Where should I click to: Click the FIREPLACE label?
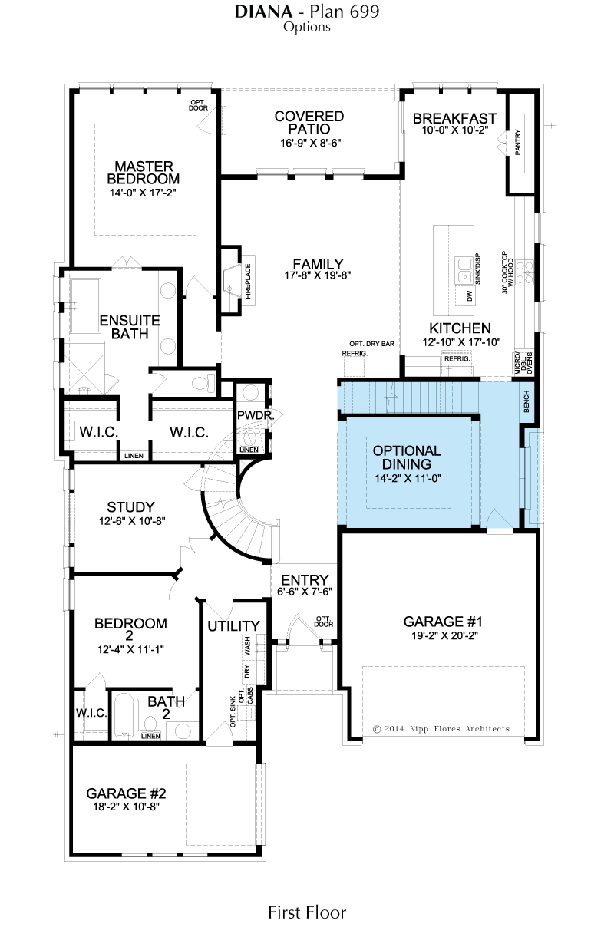click(x=248, y=282)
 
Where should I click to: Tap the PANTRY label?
click(x=517, y=143)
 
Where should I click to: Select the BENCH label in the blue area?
click(x=527, y=401)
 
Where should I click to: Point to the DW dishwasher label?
click(x=470, y=296)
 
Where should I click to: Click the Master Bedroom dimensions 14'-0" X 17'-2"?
click(x=143, y=193)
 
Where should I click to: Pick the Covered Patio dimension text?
click(x=311, y=144)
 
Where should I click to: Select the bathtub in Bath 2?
click(x=124, y=715)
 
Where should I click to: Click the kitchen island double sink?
click(x=464, y=270)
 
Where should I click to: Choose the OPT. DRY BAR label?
click(x=371, y=344)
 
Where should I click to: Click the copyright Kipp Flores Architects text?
click(x=441, y=729)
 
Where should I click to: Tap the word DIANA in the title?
click(x=264, y=12)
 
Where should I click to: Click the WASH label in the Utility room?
click(x=248, y=645)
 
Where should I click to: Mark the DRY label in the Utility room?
click(x=248, y=671)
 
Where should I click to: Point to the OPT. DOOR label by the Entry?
click(x=323, y=622)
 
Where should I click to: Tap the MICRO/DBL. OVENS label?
click(x=523, y=363)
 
